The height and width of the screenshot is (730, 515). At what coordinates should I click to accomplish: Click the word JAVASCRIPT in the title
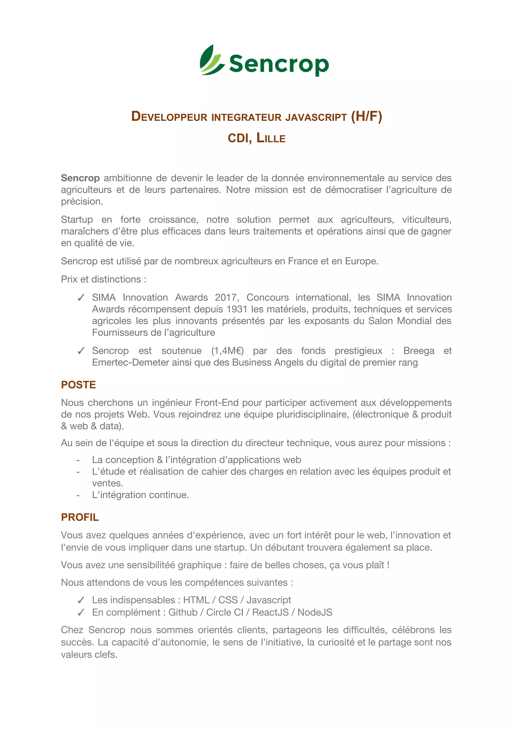pyautogui.click(x=316, y=117)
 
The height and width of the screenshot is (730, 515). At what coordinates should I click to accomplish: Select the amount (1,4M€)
pyautogui.click(x=228, y=351)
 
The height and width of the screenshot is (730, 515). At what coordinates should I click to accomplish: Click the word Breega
pyautogui.click(x=419, y=351)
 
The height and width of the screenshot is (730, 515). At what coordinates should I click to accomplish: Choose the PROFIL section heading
pyautogui.click(x=80, y=517)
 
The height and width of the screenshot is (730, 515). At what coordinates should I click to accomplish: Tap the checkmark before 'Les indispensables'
pyautogui.click(x=81, y=600)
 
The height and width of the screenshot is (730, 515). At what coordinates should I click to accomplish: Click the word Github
pyautogui.click(x=183, y=612)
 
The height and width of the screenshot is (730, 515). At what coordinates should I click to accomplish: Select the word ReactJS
pyautogui.click(x=270, y=612)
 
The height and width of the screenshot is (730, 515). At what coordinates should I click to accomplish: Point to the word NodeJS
pyautogui.click(x=315, y=612)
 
